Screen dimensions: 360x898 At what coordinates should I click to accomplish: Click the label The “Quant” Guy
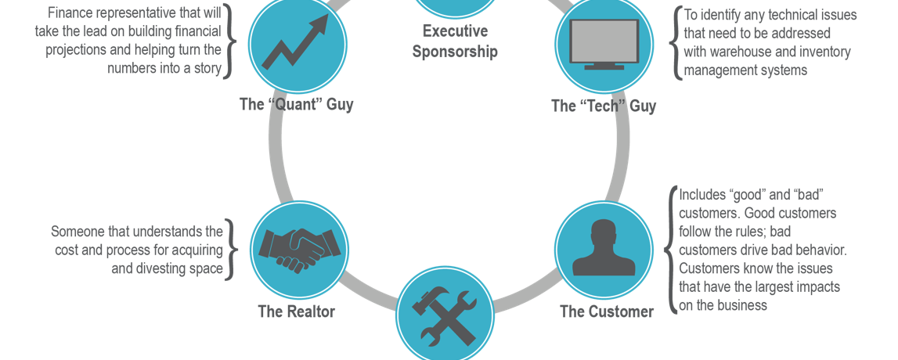click(x=296, y=104)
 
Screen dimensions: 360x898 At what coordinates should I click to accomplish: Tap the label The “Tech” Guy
click(x=603, y=106)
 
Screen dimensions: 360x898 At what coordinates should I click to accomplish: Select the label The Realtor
click(x=296, y=311)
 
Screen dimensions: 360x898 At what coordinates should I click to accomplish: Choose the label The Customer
click(x=606, y=311)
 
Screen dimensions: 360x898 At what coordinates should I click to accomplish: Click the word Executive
click(x=455, y=31)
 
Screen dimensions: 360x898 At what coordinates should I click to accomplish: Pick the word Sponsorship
click(x=455, y=52)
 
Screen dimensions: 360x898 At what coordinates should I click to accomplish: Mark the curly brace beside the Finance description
click(x=229, y=41)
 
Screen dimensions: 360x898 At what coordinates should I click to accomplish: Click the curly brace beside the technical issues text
click(x=675, y=43)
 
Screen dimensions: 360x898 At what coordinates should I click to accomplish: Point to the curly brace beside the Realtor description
click(x=229, y=250)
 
